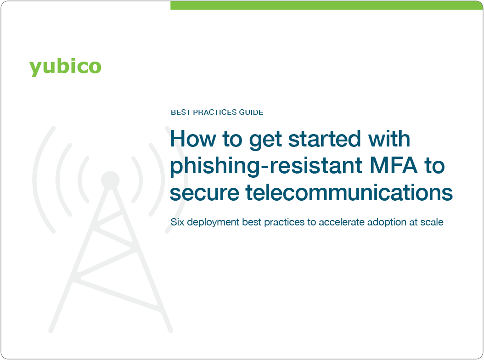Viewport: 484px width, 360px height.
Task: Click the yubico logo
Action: point(65,67)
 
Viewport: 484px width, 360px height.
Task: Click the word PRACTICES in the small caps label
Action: point(215,112)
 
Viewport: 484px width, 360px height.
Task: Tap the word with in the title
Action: point(386,139)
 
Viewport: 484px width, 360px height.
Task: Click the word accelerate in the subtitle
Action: point(339,222)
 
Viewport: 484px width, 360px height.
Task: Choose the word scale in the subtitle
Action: point(432,222)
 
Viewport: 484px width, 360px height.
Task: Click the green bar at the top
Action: point(326,5)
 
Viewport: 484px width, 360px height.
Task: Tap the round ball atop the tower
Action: point(110,180)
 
